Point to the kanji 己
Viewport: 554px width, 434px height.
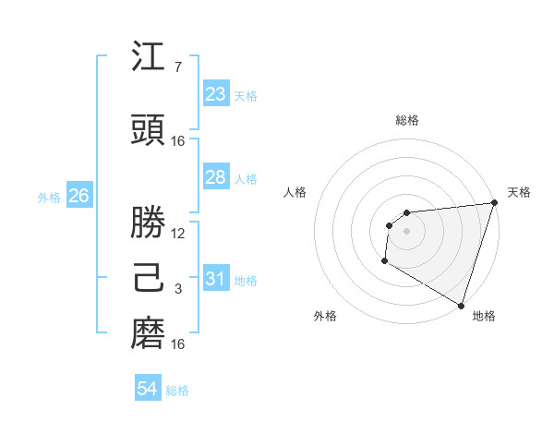click(148, 277)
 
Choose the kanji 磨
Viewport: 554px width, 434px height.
click(148, 332)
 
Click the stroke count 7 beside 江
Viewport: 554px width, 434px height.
click(177, 66)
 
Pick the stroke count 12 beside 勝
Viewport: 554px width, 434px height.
click(178, 234)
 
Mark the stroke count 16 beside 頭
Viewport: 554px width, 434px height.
click(178, 141)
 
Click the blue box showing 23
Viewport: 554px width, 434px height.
click(216, 93)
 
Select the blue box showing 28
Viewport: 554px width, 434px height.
click(216, 177)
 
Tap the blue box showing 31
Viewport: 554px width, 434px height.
click(216, 279)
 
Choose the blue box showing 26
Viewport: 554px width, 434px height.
click(78, 196)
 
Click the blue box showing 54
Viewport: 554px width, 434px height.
click(148, 389)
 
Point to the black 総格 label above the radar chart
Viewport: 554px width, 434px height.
click(407, 120)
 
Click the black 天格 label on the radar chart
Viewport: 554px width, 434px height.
click(520, 192)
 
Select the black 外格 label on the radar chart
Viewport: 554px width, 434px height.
click(325, 316)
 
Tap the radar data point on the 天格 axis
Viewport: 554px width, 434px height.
click(494, 204)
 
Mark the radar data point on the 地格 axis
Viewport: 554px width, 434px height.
click(461, 305)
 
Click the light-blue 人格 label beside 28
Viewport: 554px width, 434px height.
click(247, 179)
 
